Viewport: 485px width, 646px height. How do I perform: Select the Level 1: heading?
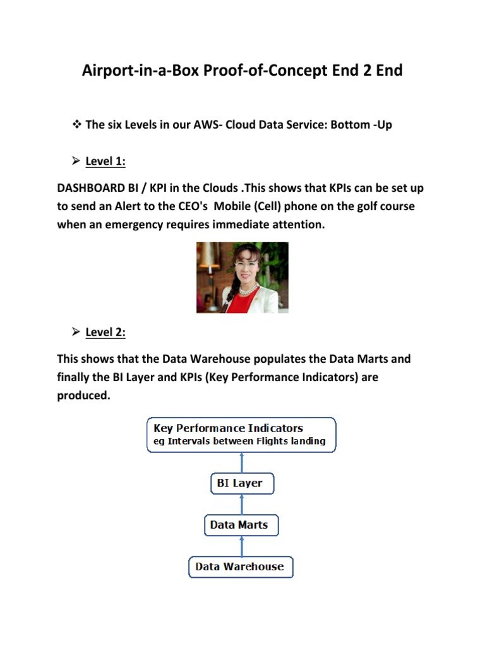[x=105, y=161]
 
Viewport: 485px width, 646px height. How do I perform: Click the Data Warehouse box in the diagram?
[x=241, y=567]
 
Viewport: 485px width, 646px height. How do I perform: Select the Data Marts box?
[x=241, y=525]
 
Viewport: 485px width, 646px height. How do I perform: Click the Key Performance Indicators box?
[x=241, y=435]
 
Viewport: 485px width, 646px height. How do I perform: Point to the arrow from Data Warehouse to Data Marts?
[x=241, y=546]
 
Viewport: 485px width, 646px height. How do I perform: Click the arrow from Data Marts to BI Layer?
[x=241, y=505]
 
